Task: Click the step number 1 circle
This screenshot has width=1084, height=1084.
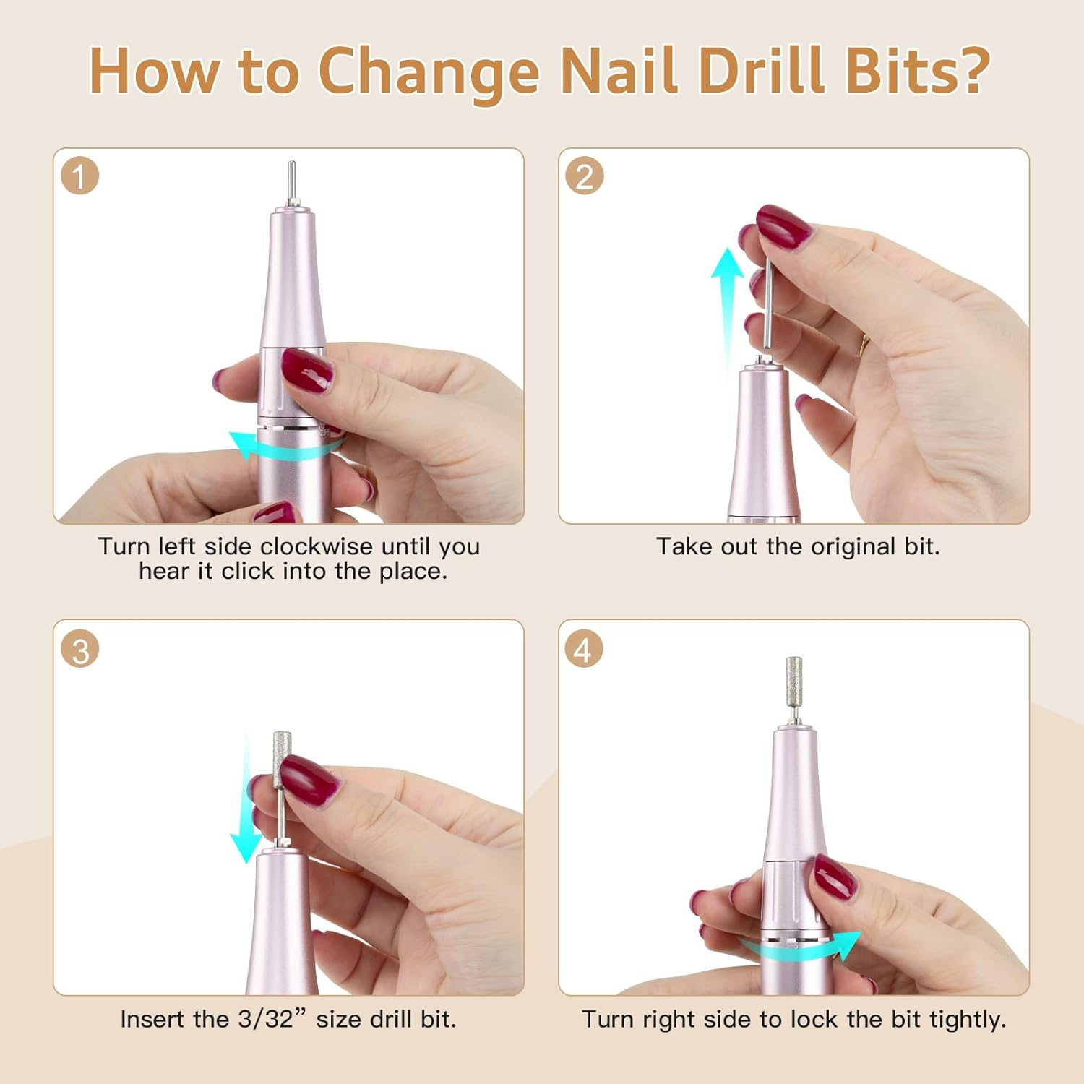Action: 79,176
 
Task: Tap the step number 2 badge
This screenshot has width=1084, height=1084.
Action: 584,176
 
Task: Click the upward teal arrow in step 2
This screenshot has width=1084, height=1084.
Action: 727,304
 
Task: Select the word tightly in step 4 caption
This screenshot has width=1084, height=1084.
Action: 968,1019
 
